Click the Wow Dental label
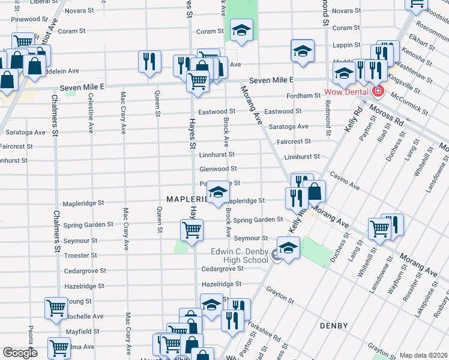tap(348, 92)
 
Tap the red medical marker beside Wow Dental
tap(378, 92)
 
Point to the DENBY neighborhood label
tap(334, 326)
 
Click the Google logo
tap(20, 353)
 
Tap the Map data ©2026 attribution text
tap(423, 355)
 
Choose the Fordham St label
tap(303, 95)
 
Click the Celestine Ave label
tap(91, 113)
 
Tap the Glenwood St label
tap(218, 169)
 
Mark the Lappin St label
tap(346, 44)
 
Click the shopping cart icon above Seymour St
tap(191, 229)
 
